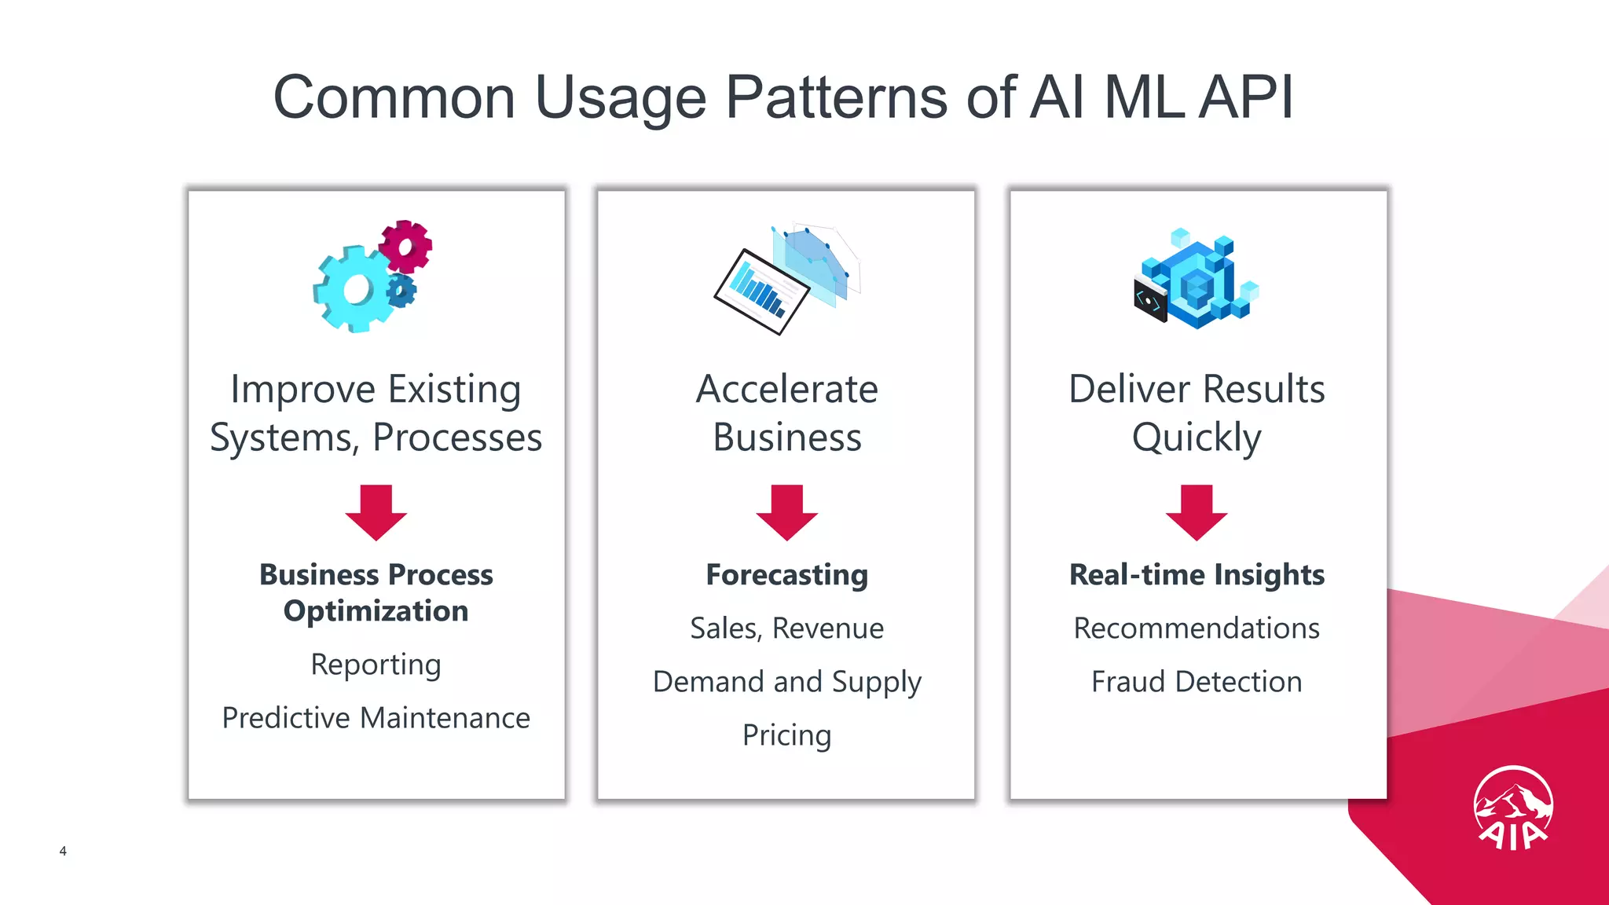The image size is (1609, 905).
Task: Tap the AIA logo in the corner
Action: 1512,808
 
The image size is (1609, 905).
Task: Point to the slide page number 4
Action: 63,851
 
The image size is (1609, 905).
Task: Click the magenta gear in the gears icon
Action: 405,247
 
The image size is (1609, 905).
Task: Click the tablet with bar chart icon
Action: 761,291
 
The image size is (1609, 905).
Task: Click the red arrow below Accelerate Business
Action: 786,512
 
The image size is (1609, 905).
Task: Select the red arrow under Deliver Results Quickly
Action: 1197,512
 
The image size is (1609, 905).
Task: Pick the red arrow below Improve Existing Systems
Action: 376,512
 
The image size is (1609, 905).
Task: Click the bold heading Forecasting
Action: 786,575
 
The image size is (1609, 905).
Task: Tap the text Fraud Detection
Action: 1197,682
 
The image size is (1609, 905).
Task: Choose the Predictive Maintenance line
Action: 376,718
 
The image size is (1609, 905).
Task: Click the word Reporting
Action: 376,665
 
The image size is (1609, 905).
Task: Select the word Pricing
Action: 786,735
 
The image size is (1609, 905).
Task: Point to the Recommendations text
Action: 1197,628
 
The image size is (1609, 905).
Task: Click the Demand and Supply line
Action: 786,682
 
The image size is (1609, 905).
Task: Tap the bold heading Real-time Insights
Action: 1197,575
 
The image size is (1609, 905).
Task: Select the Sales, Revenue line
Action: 786,628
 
